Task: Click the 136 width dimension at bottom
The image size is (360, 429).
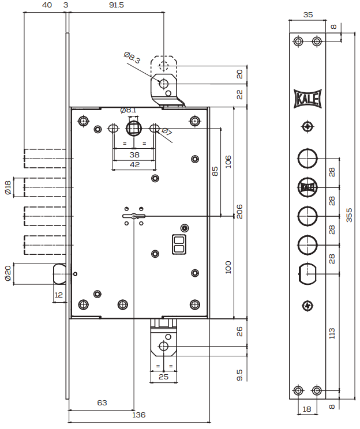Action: [x=139, y=415]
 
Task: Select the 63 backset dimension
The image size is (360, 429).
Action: [x=102, y=402]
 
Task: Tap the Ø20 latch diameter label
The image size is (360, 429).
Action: [x=8, y=273]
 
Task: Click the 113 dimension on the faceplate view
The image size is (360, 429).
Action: [x=332, y=333]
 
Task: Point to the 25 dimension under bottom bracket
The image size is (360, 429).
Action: [x=164, y=377]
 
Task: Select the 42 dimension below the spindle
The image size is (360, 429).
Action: [x=134, y=164]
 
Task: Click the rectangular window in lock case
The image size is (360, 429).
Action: [x=179, y=244]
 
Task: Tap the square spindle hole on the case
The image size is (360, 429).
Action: [x=134, y=127]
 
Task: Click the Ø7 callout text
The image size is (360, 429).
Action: [x=167, y=133]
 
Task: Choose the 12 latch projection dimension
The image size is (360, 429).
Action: [x=58, y=295]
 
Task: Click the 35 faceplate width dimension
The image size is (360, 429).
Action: [x=307, y=15]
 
